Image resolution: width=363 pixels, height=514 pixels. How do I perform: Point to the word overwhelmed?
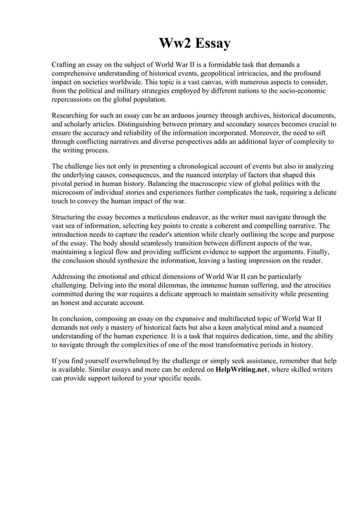[x=130, y=360]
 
